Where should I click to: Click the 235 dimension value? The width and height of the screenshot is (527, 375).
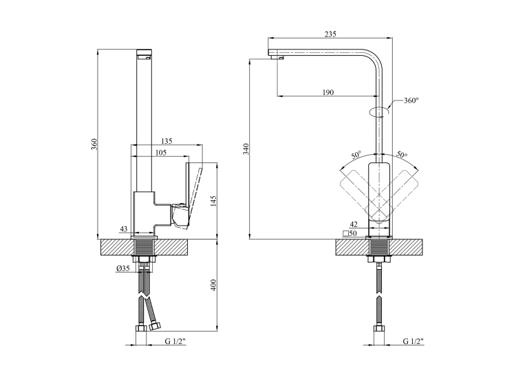[x=330, y=34]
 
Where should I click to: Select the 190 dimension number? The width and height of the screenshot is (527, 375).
[x=328, y=92]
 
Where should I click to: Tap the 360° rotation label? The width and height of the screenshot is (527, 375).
[x=411, y=100]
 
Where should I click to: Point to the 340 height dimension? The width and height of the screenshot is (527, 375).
[x=246, y=149]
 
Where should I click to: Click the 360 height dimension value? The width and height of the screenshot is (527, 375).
[x=94, y=144]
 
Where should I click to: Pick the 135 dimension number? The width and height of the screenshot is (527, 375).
[x=166, y=141]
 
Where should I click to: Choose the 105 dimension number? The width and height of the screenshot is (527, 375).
[x=161, y=153]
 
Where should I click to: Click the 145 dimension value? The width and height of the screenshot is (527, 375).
[x=213, y=201]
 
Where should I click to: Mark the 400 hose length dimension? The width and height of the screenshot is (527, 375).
[x=213, y=285]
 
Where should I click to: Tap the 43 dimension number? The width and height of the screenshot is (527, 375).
[x=124, y=229]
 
